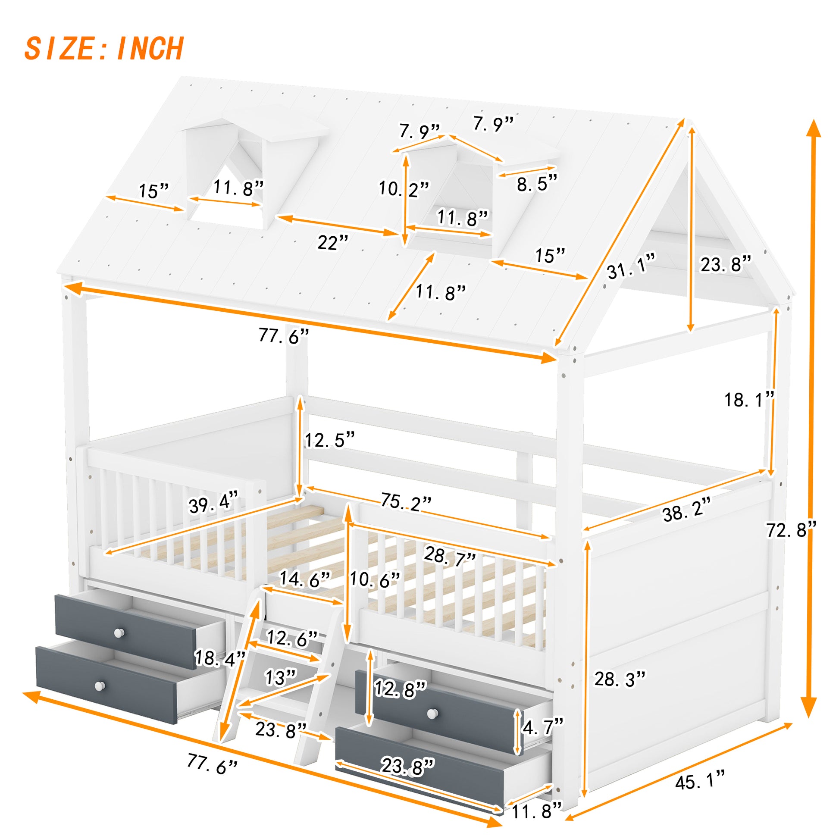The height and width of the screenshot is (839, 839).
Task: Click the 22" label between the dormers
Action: (x=333, y=242)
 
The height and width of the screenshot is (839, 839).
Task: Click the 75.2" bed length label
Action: (x=406, y=501)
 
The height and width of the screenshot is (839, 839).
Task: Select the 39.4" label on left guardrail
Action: (x=214, y=505)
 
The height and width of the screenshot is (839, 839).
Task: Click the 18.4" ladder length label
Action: (x=220, y=658)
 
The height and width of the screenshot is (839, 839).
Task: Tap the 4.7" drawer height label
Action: (x=543, y=727)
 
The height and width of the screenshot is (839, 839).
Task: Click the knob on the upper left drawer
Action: (x=119, y=633)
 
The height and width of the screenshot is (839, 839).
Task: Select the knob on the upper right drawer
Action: (x=432, y=713)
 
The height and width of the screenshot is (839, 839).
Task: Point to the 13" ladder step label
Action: (x=281, y=677)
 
